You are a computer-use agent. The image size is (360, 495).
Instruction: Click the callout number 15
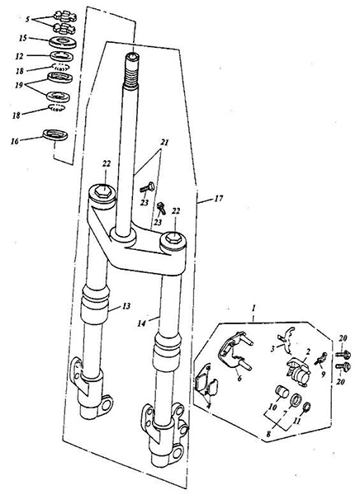click(x=23, y=39)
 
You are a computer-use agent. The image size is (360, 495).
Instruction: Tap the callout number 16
click(x=15, y=141)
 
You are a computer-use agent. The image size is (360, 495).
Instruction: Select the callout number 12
click(x=19, y=56)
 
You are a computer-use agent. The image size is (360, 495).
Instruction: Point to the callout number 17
click(x=219, y=199)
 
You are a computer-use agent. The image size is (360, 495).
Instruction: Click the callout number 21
click(x=163, y=143)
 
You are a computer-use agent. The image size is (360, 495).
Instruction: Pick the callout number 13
click(x=126, y=306)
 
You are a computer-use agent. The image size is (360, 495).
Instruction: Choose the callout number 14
click(x=142, y=323)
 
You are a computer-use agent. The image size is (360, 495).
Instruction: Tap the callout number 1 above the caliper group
click(x=253, y=308)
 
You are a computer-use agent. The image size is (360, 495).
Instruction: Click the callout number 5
click(x=28, y=20)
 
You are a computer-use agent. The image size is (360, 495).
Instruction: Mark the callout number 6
click(x=239, y=378)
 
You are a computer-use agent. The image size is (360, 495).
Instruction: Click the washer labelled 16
click(x=55, y=134)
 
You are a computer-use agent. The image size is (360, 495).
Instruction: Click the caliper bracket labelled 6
click(x=234, y=350)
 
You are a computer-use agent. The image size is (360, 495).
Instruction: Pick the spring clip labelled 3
click(x=286, y=340)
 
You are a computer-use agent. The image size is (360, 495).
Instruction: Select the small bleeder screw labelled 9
click(x=320, y=359)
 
